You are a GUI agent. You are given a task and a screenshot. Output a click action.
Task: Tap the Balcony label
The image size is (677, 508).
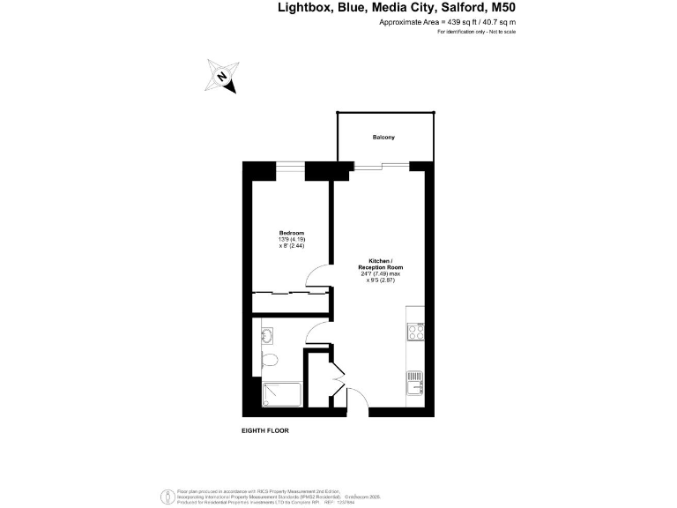click(383, 138)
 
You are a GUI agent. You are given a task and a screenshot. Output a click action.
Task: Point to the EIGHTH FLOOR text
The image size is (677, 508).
click(265, 430)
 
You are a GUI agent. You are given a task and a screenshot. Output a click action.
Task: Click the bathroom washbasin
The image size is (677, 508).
click(267, 334)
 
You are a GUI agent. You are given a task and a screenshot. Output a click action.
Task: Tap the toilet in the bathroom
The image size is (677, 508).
click(272, 359)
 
